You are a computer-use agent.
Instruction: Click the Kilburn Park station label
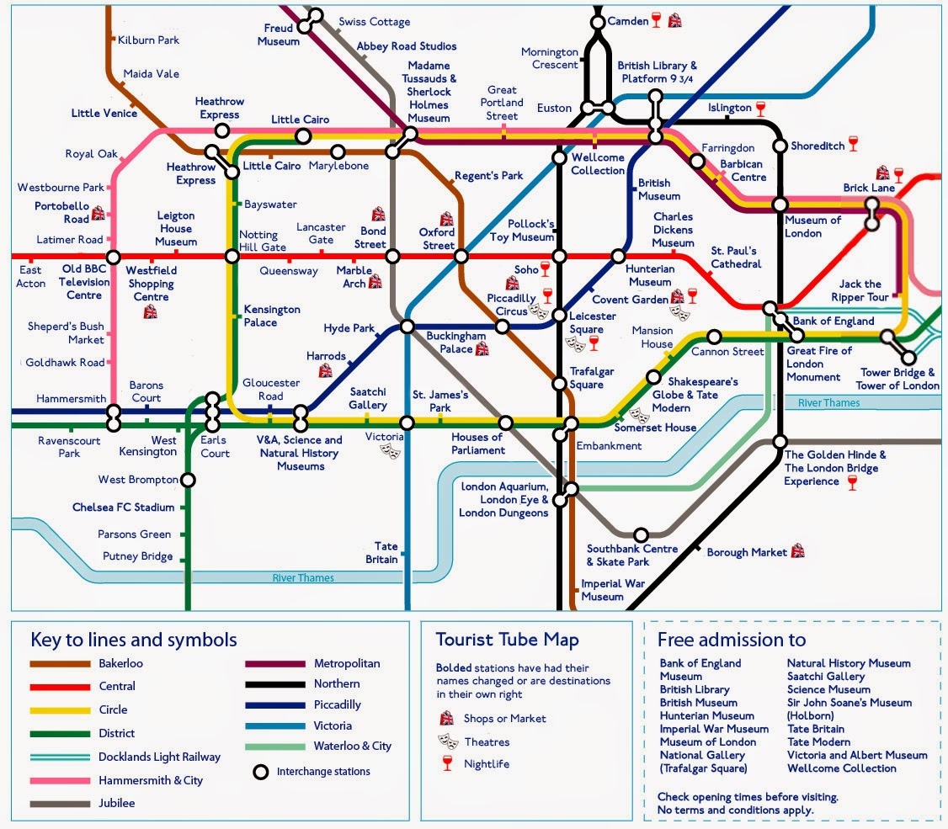click(149, 40)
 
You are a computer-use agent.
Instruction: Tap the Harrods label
click(326, 356)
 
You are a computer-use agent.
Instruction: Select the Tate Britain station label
click(381, 553)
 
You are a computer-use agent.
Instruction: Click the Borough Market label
click(746, 552)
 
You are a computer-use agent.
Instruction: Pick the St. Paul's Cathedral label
click(736, 258)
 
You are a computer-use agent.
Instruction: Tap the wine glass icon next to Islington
click(761, 108)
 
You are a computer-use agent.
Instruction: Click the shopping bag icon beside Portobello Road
click(99, 213)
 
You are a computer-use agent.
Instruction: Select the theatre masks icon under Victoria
click(390, 451)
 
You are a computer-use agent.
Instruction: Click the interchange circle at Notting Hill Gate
click(232, 256)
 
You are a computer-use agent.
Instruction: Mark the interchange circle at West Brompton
click(189, 480)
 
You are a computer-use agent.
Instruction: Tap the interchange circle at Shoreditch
click(780, 146)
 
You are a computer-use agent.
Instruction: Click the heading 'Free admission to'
click(731, 640)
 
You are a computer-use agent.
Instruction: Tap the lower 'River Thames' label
click(303, 577)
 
